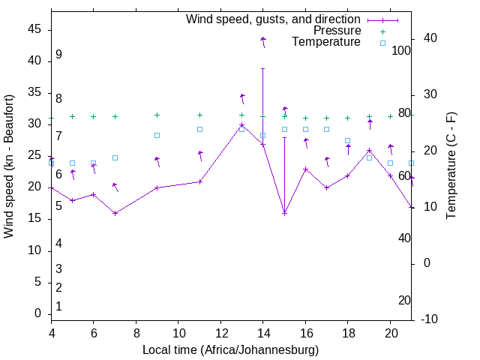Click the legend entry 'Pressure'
pos(337,31)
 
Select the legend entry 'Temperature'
pos(326,42)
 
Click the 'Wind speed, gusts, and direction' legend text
pos(274,19)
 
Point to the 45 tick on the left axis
pos(34,28)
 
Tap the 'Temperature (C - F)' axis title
pos(451,166)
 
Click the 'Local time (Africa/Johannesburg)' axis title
pos(231,349)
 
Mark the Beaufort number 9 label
pos(58,55)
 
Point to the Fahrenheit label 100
pos(401,51)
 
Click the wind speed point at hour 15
pos(284,213)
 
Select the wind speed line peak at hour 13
pos(241,125)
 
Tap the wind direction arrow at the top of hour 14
pos(263,40)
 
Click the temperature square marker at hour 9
pos(157,135)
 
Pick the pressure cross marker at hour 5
pos(72,116)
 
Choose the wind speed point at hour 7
pos(115,213)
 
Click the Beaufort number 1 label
pos(58,306)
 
